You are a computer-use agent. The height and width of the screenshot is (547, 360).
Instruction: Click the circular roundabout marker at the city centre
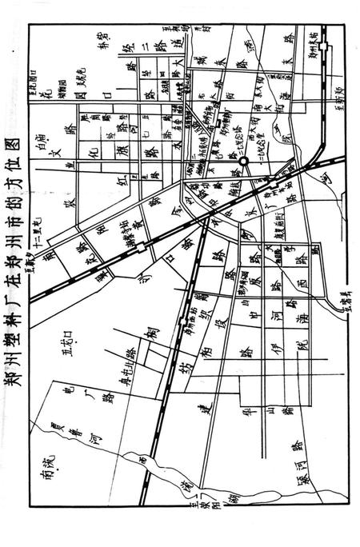(x=244, y=162)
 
